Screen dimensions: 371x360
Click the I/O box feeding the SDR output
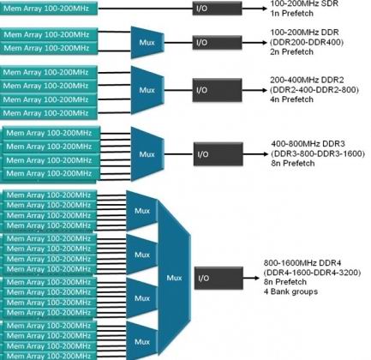pyautogui.click(x=217, y=8)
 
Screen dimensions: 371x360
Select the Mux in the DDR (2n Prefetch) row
pyautogui.click(x=147, y=43)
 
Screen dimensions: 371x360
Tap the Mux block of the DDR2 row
pyautogui.click(x=147, y=90)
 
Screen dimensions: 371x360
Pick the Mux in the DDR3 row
pyautogui.click(x=147, y=154)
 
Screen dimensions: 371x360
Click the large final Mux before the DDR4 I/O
pyautogui.click(x=174, y=278)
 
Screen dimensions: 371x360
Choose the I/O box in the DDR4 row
pyautogui.click(x=218, y=278)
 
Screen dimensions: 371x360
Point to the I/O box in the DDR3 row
pyautogui.click(x=218, y=154)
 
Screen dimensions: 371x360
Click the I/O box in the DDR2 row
pyautogui.click(x=217, y=90)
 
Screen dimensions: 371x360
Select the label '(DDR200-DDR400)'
pyautogui.click(x=307, y=42)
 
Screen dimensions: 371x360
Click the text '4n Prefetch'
pyautogui.click(x=292, y=99)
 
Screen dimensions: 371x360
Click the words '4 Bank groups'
pyautogui.click(x=290, y=291)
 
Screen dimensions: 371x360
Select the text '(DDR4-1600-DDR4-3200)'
pyautogui.click(x=312, y=273)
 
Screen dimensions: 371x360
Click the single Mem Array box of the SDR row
pyautogui.click(x=49, y=9)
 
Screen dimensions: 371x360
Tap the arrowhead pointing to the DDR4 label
pyautogui.click(x=256, y=278)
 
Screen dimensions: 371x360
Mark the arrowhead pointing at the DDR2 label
pyautogui.click(x=263, y=90)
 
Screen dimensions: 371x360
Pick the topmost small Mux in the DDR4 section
pyautogui.click(x=142, y=211)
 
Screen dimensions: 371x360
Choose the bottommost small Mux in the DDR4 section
pyautogui.click(x=142, y=341)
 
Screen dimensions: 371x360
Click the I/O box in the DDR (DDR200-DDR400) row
pyautogui.click(x=217, y=43)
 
